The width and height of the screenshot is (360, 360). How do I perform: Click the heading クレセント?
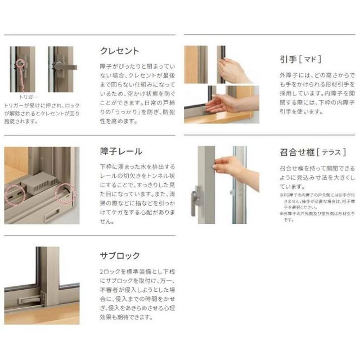[119, 51]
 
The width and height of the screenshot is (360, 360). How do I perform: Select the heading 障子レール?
[121, 151]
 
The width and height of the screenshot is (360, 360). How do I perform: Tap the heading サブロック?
[119, 255]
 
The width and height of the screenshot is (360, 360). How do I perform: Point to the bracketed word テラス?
[326, 151]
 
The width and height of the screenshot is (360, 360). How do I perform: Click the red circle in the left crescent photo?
[22, 63]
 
